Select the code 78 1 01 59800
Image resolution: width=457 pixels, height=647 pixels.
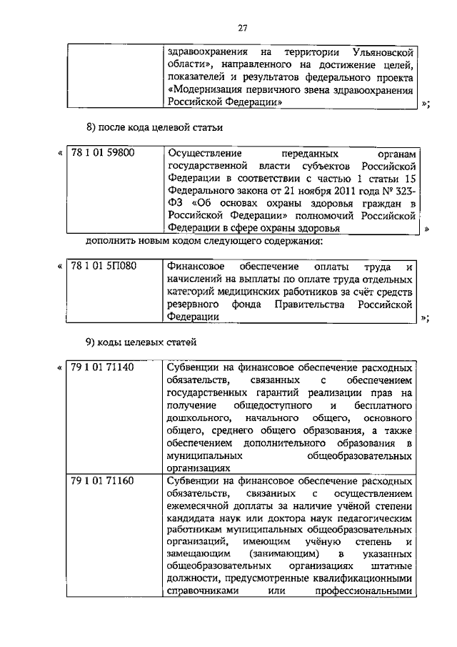(x=104, y=153)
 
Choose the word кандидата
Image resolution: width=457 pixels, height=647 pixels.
(x=191, y=519)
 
